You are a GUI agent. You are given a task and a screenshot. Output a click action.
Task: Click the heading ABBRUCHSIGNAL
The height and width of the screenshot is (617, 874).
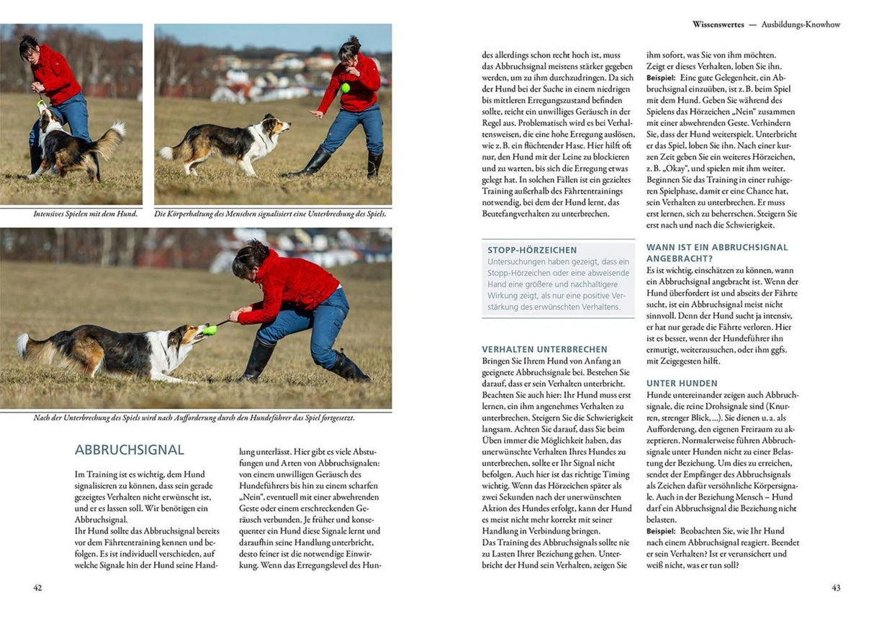tap(129, 450)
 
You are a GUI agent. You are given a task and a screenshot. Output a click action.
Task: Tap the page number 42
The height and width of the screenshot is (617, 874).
tap(37, 587)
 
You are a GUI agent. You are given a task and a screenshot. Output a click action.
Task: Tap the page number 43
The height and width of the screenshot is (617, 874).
tap(836, 587)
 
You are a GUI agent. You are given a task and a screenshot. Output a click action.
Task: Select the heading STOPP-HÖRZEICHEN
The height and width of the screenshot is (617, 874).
tap(532, 250)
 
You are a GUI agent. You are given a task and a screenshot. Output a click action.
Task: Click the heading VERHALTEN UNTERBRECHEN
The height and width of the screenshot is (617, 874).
tap(544, 349)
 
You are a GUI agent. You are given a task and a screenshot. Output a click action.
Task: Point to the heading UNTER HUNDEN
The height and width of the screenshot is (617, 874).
tap(682, 384)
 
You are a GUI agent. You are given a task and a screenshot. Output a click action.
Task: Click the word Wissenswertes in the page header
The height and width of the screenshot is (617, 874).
tap(718, 24)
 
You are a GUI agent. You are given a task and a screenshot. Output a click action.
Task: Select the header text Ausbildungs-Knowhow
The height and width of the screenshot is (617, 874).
tap(801, 24)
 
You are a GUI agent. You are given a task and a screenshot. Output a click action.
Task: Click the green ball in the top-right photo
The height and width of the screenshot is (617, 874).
tap(346, 89)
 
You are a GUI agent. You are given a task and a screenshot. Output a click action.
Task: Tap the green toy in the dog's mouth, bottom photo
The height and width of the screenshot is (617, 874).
tap(210, 330)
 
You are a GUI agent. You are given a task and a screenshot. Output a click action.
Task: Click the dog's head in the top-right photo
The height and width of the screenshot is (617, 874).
tap(276, 126)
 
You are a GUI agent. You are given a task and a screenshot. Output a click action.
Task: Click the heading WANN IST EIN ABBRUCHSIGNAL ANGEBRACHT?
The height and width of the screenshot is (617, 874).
tap(717, 252)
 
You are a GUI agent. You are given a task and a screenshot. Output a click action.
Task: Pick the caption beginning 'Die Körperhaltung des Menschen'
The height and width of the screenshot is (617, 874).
tap(270, 214)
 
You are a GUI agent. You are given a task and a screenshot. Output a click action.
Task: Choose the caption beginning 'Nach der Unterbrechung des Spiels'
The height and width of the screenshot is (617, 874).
tap(194, 418)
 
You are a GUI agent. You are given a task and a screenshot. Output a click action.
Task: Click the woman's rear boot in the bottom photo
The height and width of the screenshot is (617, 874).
tap(349, 368)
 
